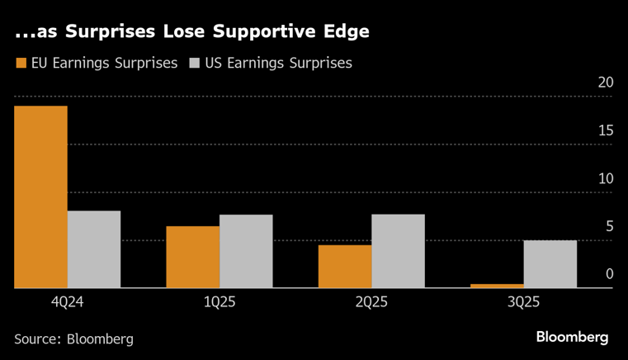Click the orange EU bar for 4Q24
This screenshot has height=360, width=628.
click(x=40, y=197)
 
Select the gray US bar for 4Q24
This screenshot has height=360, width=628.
click(x=94, y=249)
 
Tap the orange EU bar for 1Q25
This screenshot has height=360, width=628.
click(x=193, y=257)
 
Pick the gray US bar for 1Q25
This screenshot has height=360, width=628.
click(x=246, y=251)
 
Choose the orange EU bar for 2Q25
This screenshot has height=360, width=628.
click(x=345, y=266)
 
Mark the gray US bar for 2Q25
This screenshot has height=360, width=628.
click(x=398, y=251)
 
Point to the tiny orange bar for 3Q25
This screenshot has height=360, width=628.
click(x=497, y=286)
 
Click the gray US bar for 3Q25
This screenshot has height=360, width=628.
click(x=550, y=264)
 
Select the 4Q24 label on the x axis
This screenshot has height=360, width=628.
click(x=67, y=302)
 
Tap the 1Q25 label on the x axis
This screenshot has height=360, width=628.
click(x=220, y=302)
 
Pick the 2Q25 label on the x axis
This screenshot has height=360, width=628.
click(x=371, y=302)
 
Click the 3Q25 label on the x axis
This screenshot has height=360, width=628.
click(x=524, y=302)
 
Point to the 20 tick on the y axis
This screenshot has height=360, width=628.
click(x=606, y=83)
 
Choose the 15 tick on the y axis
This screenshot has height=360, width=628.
click(x=606, y=130)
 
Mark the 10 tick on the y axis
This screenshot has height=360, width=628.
click(x=606, y=178)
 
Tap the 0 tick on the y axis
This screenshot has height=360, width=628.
click(x=610, y=274)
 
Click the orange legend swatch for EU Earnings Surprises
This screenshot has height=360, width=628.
click(x=20, y=63)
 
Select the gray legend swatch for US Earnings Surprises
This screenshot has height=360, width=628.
click(x=195, y=63)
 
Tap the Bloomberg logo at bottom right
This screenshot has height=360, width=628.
click(x=572, y=337)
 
